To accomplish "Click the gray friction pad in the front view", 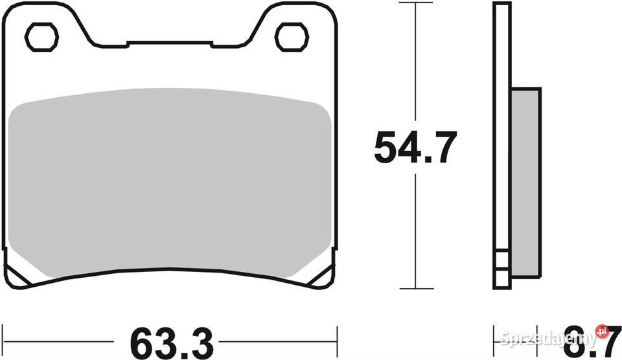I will [170, 185].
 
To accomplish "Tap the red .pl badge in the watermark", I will [602, 330].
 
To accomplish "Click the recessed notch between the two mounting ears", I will [170, 44].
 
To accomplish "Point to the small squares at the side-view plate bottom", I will [501, 265].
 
